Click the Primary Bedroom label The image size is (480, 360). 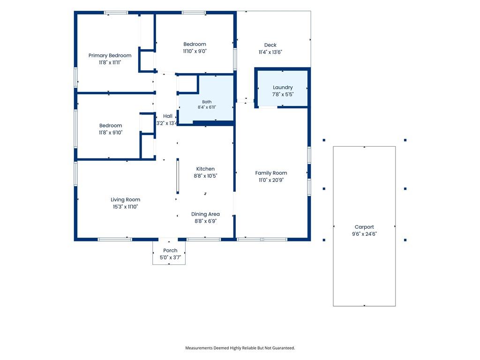pos(110,55)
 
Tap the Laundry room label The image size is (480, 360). pos(283,88)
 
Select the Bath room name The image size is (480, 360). pos(207,102)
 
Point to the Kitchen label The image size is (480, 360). pos(205,169)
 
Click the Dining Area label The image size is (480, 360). pos(205,214)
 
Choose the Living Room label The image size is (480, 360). pos(126,200)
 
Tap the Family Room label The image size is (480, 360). pos(271,173)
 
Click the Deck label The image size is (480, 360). pos(270,45)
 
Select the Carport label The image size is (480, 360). pos(364,227)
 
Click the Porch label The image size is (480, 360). pos(170,250)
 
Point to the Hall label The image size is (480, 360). pos(168,116)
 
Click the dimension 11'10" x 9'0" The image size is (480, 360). pos(195,51)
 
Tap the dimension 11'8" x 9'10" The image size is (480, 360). pos(111,133)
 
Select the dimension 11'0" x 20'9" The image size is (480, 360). pos(271,180)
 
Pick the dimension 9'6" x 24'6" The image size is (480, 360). pos(364,234)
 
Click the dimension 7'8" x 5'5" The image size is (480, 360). pos(283,95)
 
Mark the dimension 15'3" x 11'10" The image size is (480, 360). pos(126,207)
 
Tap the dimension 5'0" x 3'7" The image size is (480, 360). pos(170,257)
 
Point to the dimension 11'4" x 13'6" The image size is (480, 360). pos(270,52)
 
